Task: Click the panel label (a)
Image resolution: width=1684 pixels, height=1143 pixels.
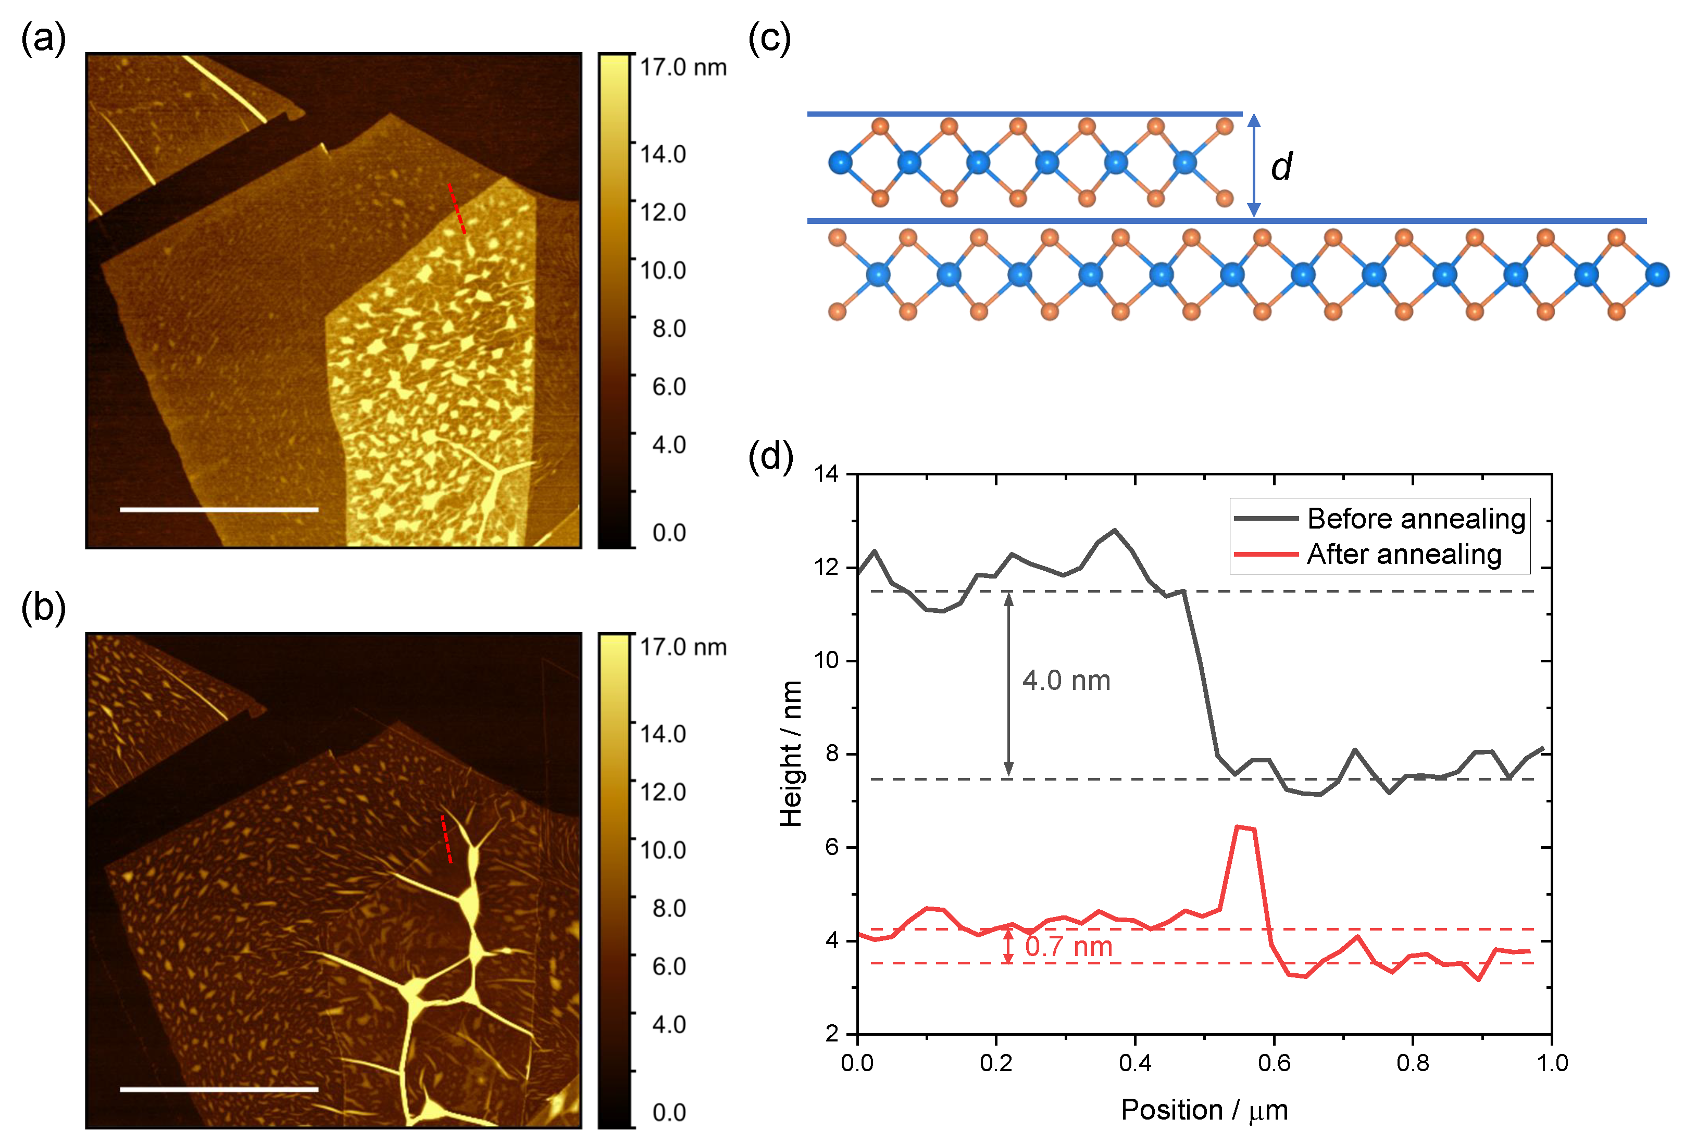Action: coord(43,37)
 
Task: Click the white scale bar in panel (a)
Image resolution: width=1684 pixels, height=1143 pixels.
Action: coord(219,509)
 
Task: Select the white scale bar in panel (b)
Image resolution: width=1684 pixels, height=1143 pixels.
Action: coord(219,1089)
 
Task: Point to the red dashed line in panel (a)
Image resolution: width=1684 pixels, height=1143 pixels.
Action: coord(456,209)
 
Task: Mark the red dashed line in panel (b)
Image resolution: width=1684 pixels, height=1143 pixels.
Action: coord(446,839)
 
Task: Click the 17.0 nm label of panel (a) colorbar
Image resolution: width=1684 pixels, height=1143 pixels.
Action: coord(682,67)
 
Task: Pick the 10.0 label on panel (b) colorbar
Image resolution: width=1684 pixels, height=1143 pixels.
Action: coord(662,850)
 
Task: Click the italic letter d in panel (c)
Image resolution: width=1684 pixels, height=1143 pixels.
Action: coord(1281,167)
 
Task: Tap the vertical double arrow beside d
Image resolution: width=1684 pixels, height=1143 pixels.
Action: coord(1254,165)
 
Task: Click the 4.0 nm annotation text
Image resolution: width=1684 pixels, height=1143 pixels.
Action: coord(1066,681)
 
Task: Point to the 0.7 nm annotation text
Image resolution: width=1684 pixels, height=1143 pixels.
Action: coord(1068,946)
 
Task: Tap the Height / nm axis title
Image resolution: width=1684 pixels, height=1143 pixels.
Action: coord(791,753)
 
